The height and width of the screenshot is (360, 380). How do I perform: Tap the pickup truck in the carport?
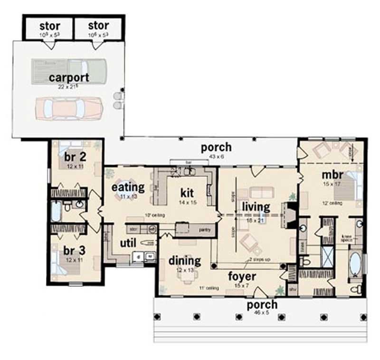click(66, 71)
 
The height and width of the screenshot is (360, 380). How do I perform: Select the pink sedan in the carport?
click(69, 108)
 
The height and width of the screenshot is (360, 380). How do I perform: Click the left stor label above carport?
click(49, 25)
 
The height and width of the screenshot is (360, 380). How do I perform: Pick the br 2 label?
click(74, 157)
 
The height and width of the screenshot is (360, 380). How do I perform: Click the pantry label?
click(205, 229)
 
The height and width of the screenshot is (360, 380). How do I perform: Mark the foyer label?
click(242, 276)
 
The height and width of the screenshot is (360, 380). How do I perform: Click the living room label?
click(256, 207)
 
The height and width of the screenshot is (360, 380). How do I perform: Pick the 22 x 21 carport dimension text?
click(68, 87)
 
